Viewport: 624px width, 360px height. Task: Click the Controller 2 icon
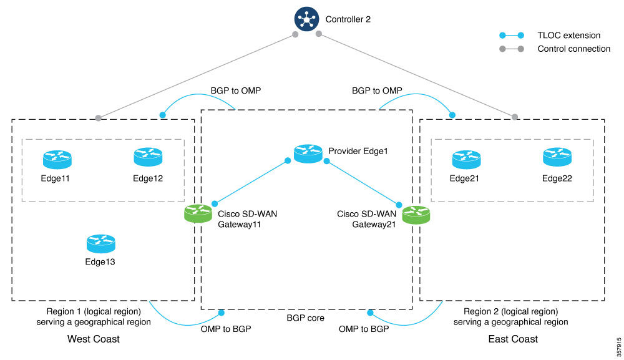point(307,18)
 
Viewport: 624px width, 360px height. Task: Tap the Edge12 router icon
point(148,157)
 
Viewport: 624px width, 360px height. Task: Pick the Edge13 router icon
point(100,243)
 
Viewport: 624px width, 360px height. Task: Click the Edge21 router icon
point(467,159)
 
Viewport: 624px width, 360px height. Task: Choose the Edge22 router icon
point(557,157)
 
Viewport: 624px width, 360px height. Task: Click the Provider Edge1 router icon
point(308,153)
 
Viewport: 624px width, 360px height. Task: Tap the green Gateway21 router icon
point(416,215)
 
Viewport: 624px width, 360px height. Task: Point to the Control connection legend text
point(573,49)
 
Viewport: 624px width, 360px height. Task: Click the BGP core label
point(305,318)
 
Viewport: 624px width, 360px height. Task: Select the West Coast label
point(94,339)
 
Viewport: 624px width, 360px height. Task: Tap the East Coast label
point(513,339)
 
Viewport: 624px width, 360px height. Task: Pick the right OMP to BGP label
point(364,328)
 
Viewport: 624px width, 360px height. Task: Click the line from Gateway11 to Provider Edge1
point(251,182)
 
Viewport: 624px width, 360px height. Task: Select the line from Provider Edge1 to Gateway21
point(362,182)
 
